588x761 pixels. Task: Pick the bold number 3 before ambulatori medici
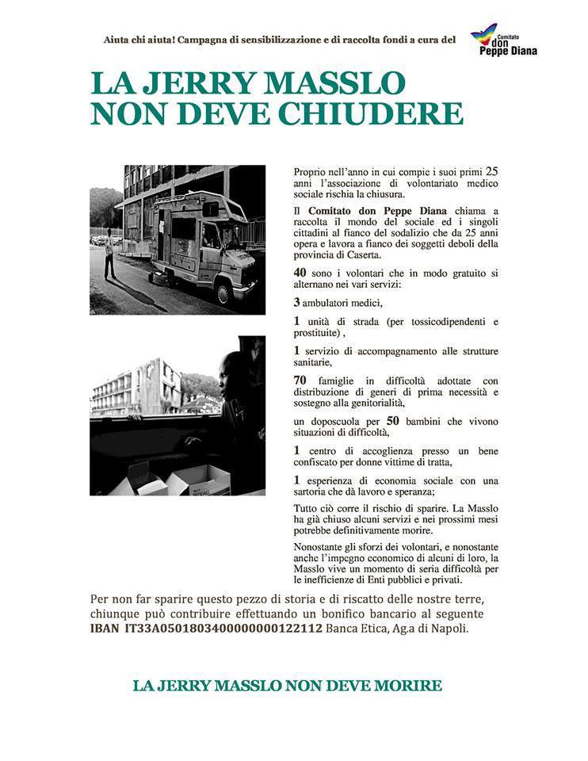(297, 303)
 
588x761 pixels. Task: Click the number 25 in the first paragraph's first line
(491, 170)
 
